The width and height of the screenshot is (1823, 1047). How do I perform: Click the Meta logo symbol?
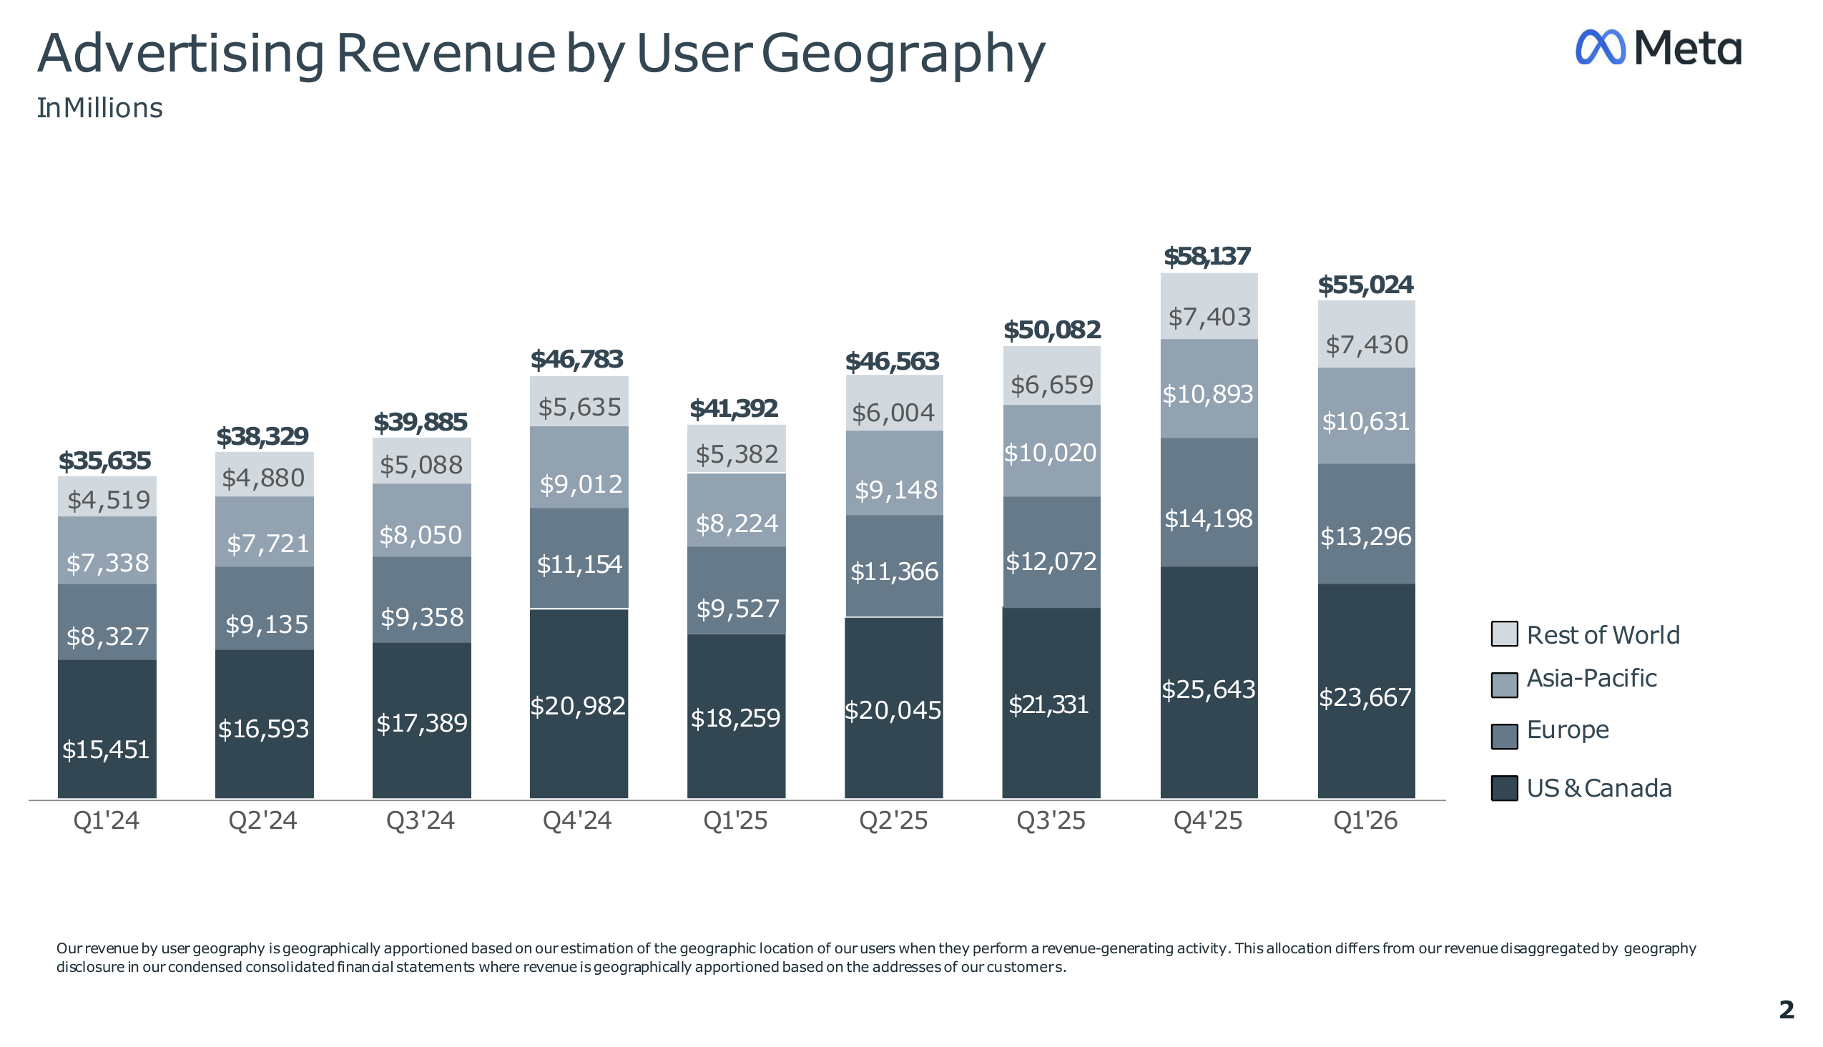point(1601,47)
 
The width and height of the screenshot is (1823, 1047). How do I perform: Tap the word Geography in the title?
point(903,54)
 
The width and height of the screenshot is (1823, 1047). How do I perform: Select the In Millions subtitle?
point(100,109)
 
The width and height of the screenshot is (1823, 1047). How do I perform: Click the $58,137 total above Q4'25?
point(1208,257)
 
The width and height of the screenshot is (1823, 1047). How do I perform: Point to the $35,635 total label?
point(105,461)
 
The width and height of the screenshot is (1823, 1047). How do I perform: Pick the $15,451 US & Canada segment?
point(107,729)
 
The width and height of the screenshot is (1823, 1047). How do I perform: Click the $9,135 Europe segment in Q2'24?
point(265,609)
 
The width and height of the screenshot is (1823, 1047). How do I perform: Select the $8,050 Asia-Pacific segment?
point(422,520)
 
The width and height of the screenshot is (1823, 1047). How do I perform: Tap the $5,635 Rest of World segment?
point(579,401)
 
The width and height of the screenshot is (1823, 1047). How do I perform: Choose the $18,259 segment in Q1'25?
point(737,716)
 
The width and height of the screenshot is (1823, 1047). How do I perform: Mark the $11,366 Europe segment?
point(894,566)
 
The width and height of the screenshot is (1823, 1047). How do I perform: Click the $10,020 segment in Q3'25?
point(1051,451)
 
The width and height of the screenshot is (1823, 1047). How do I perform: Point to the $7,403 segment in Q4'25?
point(1209,306)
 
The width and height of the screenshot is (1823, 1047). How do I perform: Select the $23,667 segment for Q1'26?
point(1366,691)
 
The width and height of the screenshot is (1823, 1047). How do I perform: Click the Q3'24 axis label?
point(421,820)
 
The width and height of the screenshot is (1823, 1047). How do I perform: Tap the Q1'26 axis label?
point(1365,820)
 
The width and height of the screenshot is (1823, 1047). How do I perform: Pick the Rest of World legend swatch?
point(1505,634)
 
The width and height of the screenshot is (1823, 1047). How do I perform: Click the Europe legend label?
point(1568,730)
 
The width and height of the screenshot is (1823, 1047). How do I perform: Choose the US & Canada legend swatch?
point(1505,788)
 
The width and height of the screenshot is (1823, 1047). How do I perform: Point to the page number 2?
point(1787,1011)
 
